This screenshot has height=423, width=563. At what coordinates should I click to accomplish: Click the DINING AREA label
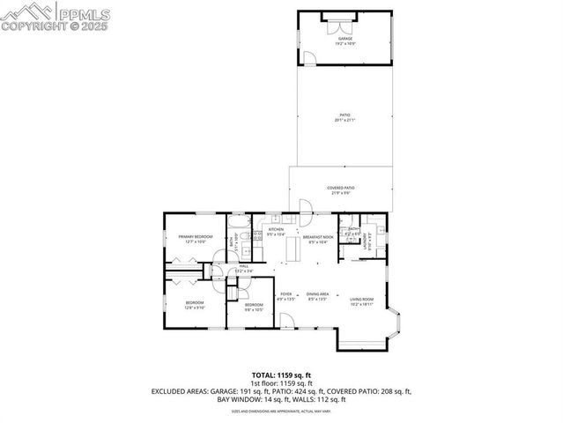click(x=318, y=295)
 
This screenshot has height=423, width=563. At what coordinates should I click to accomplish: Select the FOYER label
click(x=286, y=295)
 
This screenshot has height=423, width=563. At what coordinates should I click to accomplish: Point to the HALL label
click(x=244, y=267)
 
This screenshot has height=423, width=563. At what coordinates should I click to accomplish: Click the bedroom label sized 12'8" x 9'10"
click(x=194, y=305)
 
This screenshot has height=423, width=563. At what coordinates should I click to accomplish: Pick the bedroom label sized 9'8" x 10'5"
click(x=254, y=307)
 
